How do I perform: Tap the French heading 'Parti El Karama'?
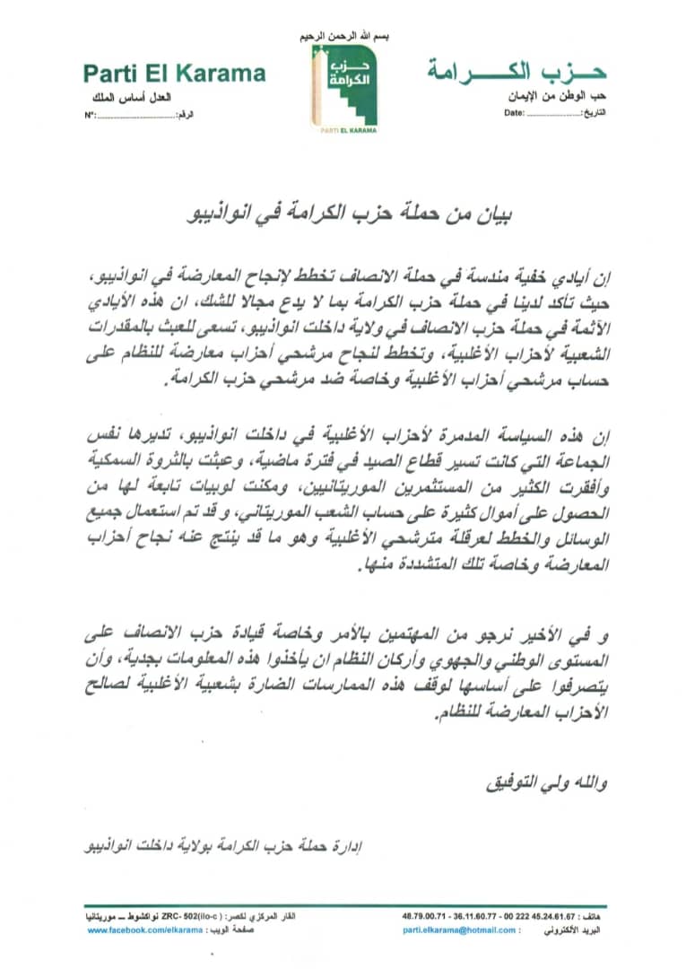[x=174, y=74]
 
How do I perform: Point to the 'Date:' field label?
[x=513, y=114]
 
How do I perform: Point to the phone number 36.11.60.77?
[x=474, y=916]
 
